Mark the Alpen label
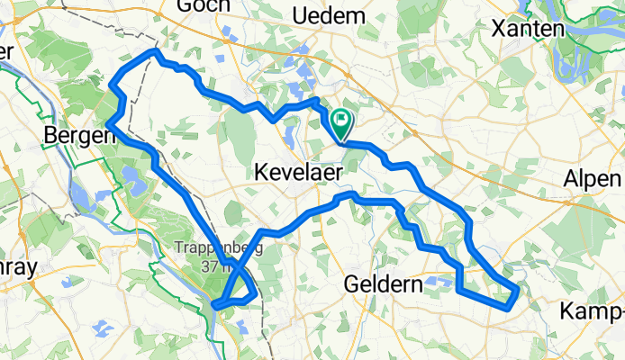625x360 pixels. [x=593, y=178]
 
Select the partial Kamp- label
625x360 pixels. [x=591, y=310]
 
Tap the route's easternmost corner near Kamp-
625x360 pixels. [x=518, y=289]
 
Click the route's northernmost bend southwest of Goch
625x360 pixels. [x=155, y=52]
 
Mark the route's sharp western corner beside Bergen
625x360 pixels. [x=108, y=122]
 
